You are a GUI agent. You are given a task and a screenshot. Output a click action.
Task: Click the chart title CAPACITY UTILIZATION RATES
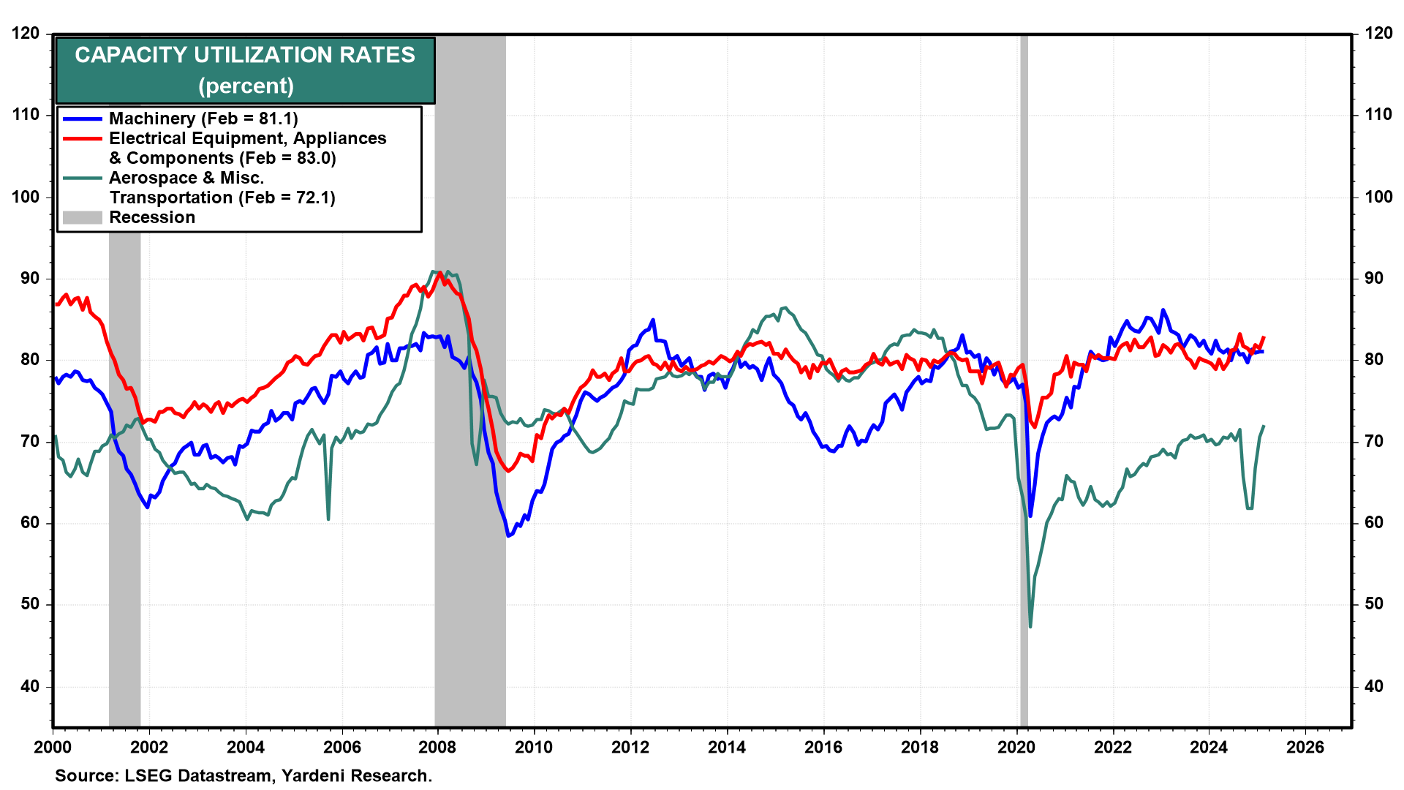tap(245, 56)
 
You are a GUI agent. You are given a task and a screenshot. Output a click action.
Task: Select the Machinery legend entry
tap(203, 118)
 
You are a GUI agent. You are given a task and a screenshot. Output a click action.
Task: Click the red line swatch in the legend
tap(82, 139)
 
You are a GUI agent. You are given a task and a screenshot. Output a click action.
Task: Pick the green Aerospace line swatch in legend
tap(82, 178)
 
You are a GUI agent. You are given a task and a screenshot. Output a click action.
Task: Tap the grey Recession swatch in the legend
tap(82, 218)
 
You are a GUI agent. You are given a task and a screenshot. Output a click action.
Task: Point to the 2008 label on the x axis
tap(437, 748)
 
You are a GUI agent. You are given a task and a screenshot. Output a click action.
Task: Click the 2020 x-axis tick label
tap(1016, 748)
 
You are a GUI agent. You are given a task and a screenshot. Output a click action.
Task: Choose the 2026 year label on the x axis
tap(1305, 748)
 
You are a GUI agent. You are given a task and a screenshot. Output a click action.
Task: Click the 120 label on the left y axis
tap(26, 34)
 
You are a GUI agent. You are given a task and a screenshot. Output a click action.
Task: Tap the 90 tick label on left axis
tap(30, 279)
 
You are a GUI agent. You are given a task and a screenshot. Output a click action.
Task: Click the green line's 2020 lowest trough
tap(1030, 626)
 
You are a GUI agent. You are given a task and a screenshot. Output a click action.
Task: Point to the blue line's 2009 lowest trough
tap(508, 535)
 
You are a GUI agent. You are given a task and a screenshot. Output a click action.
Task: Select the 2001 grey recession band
tap(124, 475)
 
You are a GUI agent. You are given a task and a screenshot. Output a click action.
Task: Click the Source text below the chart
tap(244, 776)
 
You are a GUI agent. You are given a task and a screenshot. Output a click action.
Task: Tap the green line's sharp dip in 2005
tap(328, 519)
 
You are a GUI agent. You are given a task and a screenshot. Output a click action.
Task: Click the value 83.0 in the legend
tap(316, 159)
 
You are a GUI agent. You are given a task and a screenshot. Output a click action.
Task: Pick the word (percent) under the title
tap(246, 86)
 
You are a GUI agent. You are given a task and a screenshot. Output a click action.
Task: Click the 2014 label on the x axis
tap(727, 748)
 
